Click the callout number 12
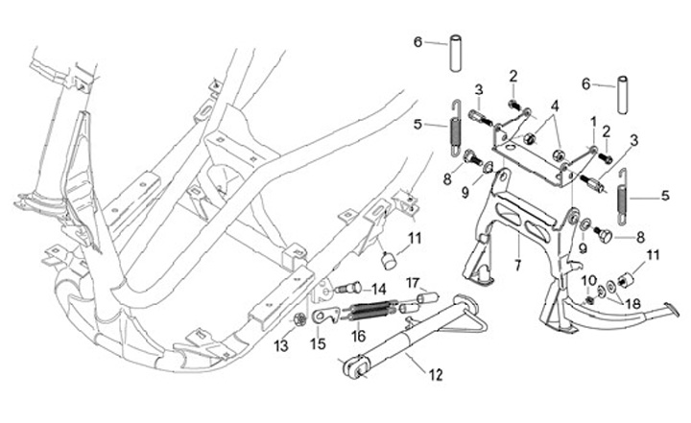coord(436,375)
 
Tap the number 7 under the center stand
coord(517,266)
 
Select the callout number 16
coord(359,337)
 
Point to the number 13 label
coord(281,346)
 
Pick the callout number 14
coord(378,290)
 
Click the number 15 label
coord(318,343)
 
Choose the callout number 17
coord(413,282)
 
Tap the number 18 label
coord(633,304)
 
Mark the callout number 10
coord(589,280)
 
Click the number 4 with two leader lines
coord(555,106)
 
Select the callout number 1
coord(594,122)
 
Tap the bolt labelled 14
coord(349,289)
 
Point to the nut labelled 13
coord(299,318)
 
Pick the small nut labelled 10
coord(588,301)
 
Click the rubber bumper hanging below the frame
coord(389,260)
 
